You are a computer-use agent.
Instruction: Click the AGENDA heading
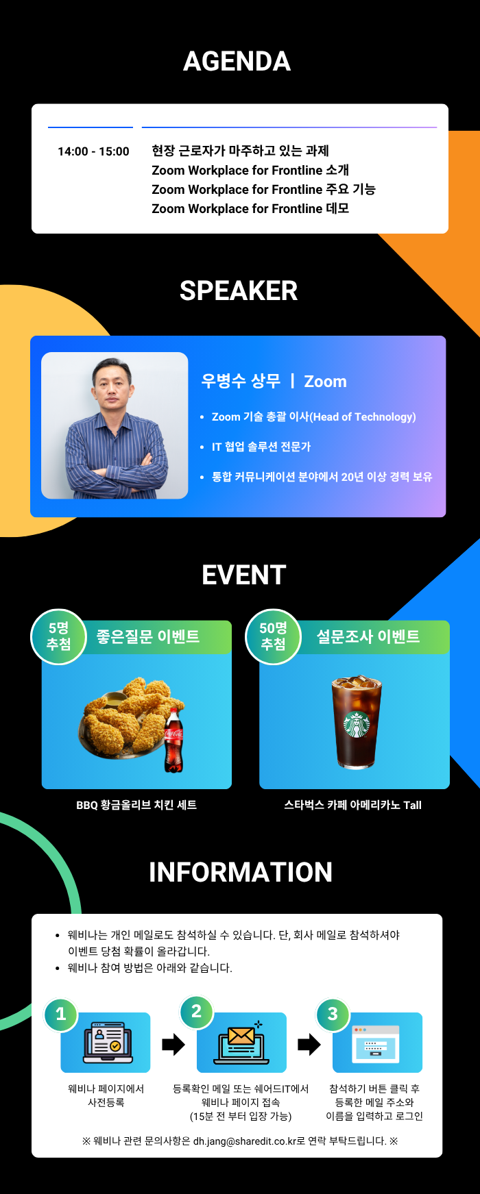237,62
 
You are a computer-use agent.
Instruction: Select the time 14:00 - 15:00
93,151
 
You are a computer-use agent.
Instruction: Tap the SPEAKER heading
239,291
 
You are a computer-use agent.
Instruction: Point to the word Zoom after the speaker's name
325,382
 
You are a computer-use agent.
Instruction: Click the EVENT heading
244,575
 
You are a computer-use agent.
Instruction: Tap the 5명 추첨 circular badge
59,636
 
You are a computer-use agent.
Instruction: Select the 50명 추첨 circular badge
273,636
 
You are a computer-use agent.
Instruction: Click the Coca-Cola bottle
173,741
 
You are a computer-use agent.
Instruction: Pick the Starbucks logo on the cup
357,725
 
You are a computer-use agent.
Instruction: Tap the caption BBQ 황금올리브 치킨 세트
136,805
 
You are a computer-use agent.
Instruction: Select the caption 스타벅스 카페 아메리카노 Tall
353,805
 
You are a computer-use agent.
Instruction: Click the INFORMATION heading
241,873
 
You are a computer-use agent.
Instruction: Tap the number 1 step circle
61,1014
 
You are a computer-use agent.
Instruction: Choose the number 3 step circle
333,1014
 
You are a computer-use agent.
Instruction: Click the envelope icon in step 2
241,1037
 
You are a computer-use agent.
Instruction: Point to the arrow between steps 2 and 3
309,1045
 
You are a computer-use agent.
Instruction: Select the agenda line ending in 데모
250,208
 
